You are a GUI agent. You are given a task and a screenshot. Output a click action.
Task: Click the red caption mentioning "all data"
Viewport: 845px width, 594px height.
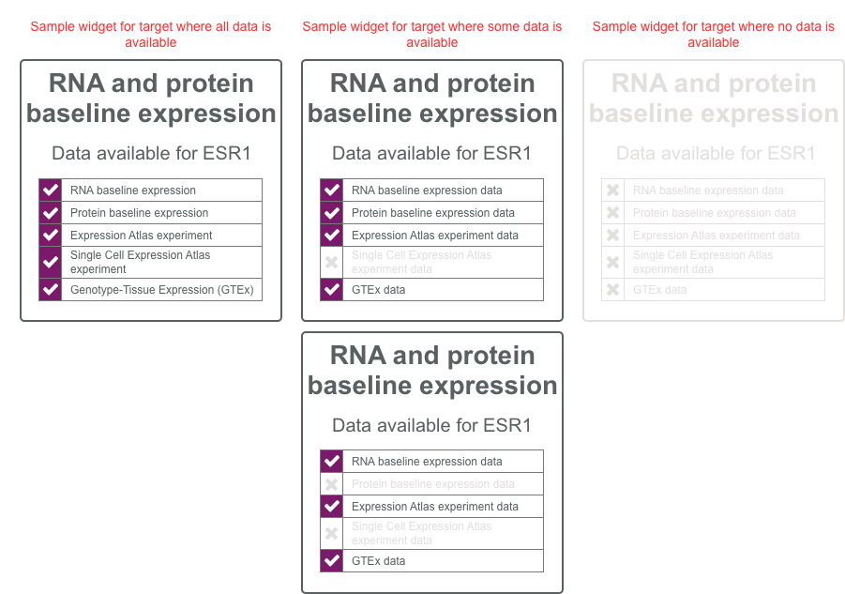[x=150, y=34]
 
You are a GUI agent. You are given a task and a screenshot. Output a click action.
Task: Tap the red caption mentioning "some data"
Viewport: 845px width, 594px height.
[x=432, y=34]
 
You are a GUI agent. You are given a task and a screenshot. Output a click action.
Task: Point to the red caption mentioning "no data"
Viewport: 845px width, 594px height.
[x=713, y=34]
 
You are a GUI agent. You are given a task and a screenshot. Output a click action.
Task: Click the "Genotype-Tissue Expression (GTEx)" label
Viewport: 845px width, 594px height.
[x=161, y=290]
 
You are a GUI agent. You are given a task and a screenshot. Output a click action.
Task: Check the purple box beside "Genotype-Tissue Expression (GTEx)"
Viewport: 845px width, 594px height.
[x=50, y=290]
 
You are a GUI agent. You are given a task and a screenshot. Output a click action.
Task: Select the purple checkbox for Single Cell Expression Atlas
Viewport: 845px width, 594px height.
[x=50, y=262]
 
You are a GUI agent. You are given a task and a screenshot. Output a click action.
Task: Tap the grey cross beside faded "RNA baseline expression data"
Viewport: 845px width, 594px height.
[x=612, y=190]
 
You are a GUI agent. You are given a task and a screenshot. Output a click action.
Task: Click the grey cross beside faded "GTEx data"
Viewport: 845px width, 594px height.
[x=612, y=290]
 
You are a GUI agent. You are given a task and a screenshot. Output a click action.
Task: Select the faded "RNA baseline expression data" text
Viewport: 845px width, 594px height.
[x=708, y=190]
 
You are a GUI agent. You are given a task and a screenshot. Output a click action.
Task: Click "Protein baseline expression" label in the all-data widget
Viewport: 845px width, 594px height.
[x=139, y=213]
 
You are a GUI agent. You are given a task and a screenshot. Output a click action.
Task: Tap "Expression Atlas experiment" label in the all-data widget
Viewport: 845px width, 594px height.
[x=141, y=236]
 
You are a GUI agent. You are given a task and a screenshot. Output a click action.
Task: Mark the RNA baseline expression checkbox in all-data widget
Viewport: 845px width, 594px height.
[x=50, y=190]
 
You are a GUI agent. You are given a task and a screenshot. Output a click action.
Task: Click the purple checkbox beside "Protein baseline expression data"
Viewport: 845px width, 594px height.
[x=331, y=213]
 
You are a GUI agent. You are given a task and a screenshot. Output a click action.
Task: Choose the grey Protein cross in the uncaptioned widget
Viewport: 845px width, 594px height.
[x=331, y=484]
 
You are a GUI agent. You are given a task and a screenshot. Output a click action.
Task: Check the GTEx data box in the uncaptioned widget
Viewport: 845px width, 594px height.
[x=331, y=561]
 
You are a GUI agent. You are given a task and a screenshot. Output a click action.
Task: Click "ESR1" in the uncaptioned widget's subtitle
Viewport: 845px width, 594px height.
[x=507, y=425]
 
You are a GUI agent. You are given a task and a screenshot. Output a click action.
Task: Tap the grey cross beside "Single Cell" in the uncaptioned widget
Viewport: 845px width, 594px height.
[x=331, y=534]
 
